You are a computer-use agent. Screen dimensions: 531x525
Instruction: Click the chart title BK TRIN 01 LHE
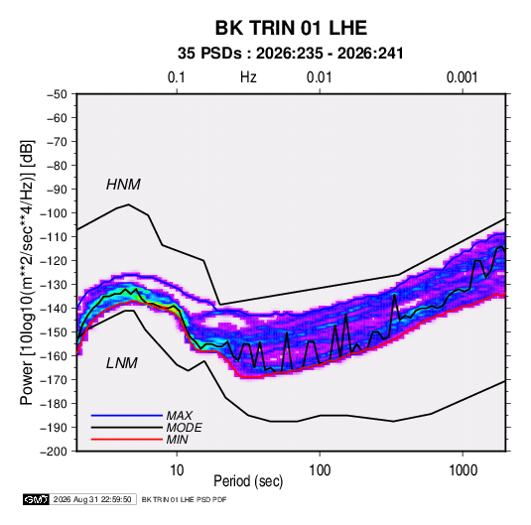coord(291,28)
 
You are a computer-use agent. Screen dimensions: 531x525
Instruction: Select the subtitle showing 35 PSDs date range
coord(291,54)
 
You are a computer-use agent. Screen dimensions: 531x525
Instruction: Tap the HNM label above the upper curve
coord(123,185)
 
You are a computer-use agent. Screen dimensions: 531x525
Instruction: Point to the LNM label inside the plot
coord(122,363)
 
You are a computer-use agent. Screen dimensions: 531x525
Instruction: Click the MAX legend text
coord(180,415)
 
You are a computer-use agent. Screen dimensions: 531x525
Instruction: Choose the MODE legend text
coord(185,428)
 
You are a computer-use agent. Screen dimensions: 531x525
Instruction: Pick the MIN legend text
coord(177,440)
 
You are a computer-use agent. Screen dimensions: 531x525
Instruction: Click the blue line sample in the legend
coord(127,415)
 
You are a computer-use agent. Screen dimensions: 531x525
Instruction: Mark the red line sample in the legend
coord(127,440)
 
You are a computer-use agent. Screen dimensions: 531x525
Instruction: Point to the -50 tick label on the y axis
coord(57,94)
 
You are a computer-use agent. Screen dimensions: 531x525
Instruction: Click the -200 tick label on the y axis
coord(54,452)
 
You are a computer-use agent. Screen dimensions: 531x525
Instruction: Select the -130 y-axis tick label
coord(54,285)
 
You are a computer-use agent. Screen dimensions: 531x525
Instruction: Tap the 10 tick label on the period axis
coord(177,470)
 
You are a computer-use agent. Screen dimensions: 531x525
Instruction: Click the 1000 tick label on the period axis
coord(463,470)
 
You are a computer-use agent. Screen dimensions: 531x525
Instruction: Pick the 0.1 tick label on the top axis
coord(177,77)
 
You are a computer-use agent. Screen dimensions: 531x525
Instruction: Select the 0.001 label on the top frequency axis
coord(463,77)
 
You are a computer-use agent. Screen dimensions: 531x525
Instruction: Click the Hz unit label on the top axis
coord(248,77)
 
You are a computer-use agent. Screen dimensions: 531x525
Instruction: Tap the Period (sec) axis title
coord(248,481)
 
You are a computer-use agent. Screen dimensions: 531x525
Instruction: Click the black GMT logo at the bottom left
coord(36,499)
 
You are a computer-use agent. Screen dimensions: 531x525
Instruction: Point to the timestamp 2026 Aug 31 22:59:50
coord(92,499)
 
